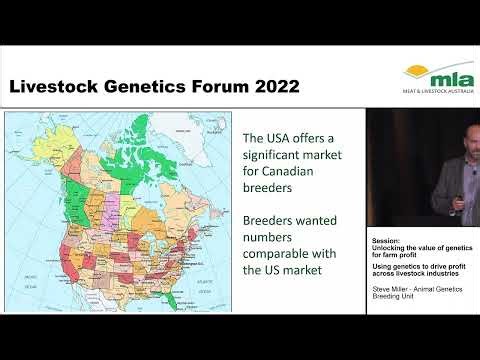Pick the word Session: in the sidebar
coord(385,241)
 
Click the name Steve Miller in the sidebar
coord(393,288)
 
